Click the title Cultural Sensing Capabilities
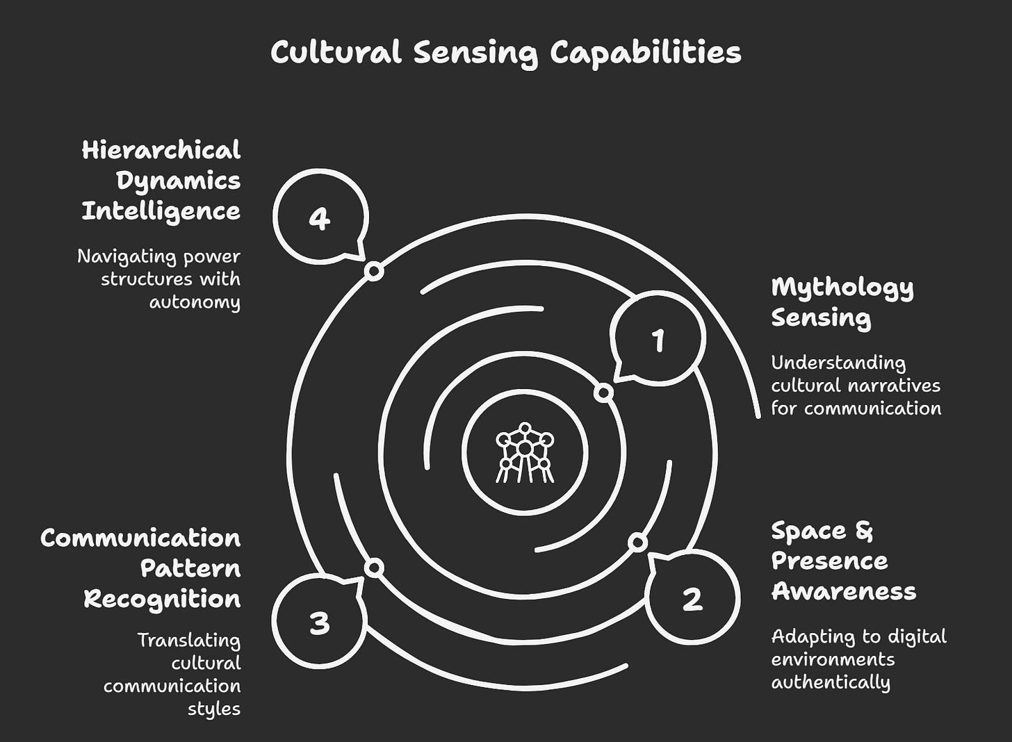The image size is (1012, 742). click(x=505, y=53)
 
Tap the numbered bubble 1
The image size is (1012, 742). click(x=658, y=340)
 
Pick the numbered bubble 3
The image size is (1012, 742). click(x=319, y=623)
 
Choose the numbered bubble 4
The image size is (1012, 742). click(x=319, y=219)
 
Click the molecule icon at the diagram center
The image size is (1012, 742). click(x=525, y=452)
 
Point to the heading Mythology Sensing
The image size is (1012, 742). click(x=842, y=302)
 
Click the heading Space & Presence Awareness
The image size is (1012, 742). click(x=843, y=561)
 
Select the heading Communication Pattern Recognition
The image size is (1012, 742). click(x=140, y=568)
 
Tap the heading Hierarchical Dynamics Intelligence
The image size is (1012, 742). click(x=161, y=181)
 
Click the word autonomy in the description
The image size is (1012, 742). click(x=195, y=302)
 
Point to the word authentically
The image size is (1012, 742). click(x=831, y=682)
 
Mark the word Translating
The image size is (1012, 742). click(x=188, y=640)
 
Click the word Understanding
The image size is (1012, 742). click(x=838, y=363)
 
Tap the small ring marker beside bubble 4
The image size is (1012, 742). click(x=374, y=271)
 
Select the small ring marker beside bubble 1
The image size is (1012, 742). click(x=604, y=393)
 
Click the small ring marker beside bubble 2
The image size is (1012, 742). click(x=637, y=542)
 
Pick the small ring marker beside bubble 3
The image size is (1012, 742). click(x=374, y=568)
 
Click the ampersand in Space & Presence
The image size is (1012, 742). click(x=863, y=531)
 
